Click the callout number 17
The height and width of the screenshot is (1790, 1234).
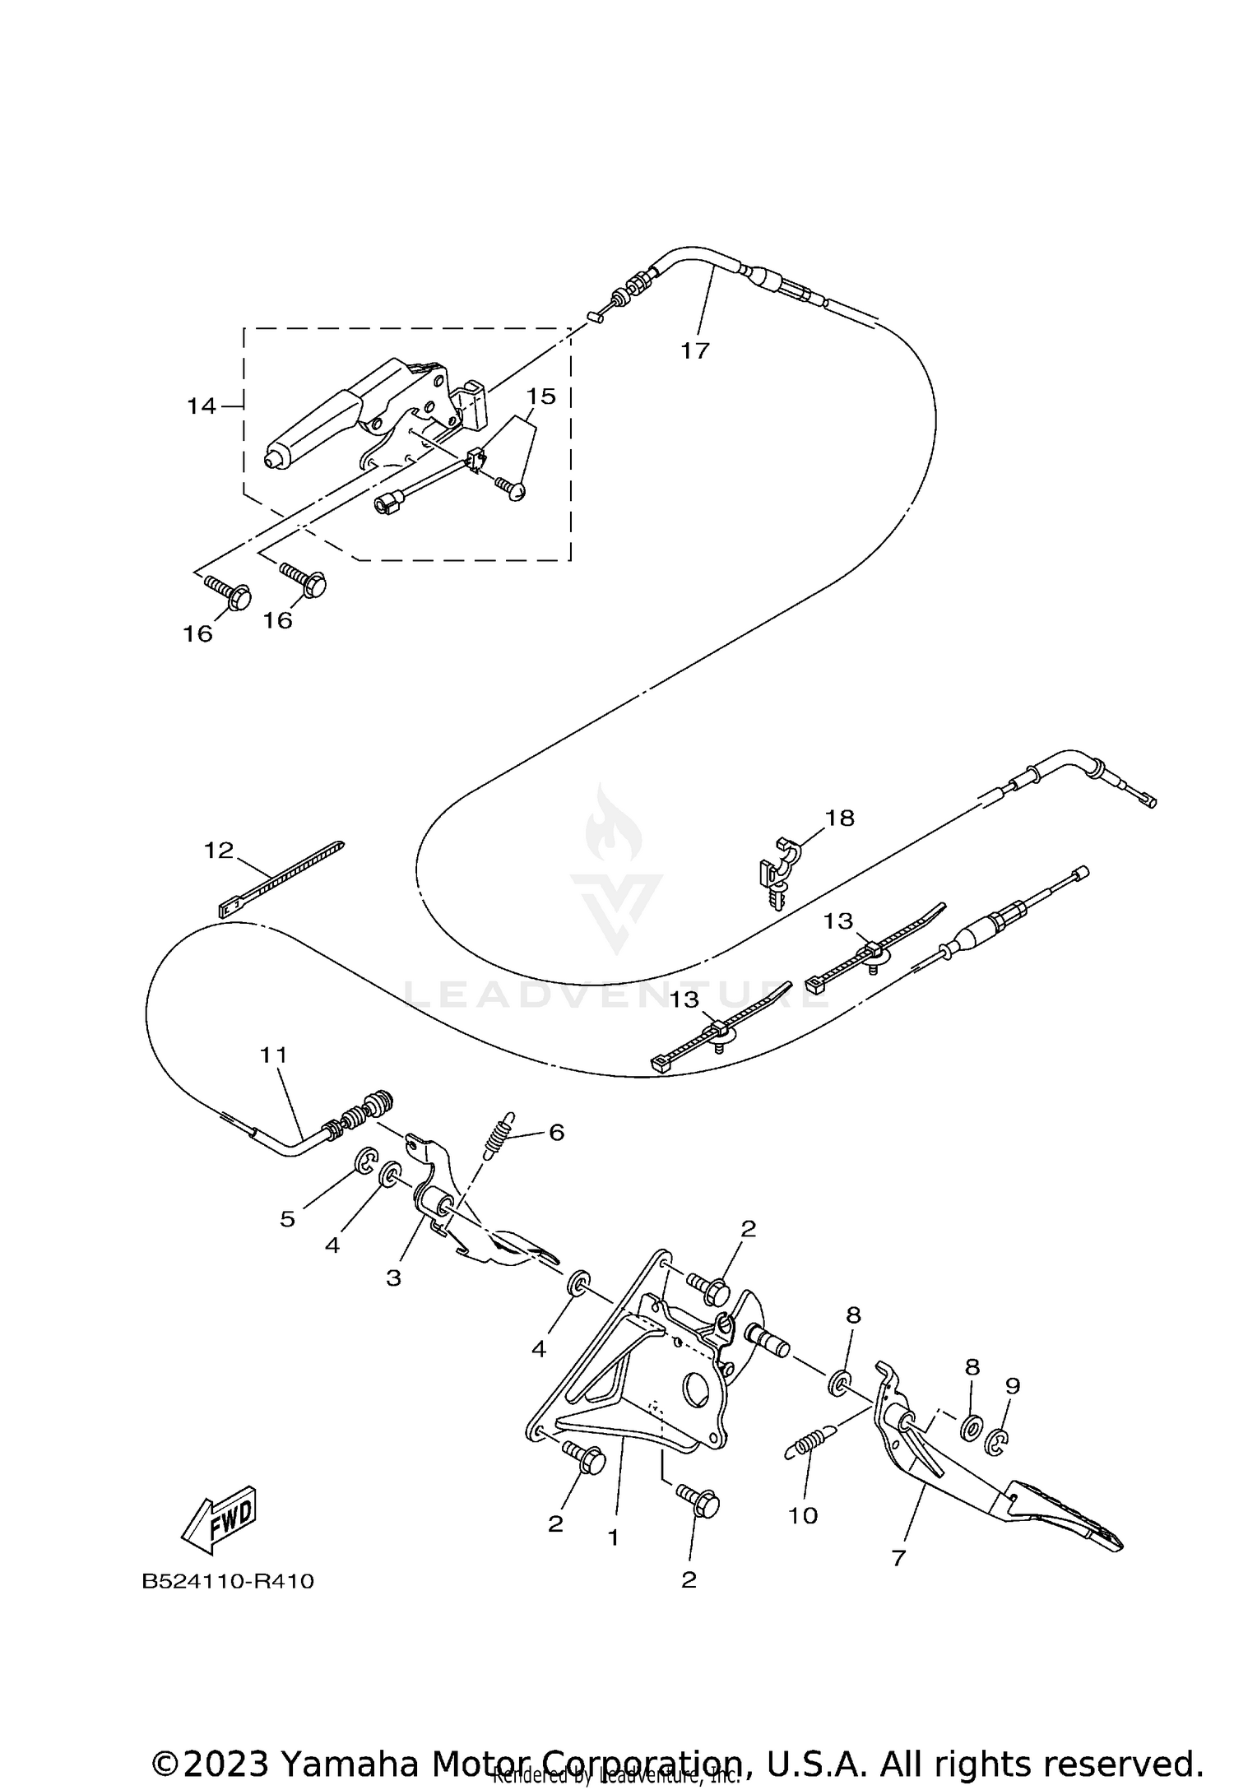(694, 350)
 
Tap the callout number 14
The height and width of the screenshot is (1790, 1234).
(201, 406)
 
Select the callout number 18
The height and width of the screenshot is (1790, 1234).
(840, 818)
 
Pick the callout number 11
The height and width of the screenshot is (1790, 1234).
(275, 1054)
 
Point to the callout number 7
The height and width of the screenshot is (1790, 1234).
(898, 1558)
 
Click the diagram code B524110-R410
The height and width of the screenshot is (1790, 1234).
(228, 1582)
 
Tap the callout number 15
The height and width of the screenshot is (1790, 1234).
(541, 396)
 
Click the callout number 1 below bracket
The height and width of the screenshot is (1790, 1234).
(612, 1537)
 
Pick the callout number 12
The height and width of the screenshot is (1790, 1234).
(219, 850)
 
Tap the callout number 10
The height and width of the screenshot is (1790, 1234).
(803, 1514)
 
